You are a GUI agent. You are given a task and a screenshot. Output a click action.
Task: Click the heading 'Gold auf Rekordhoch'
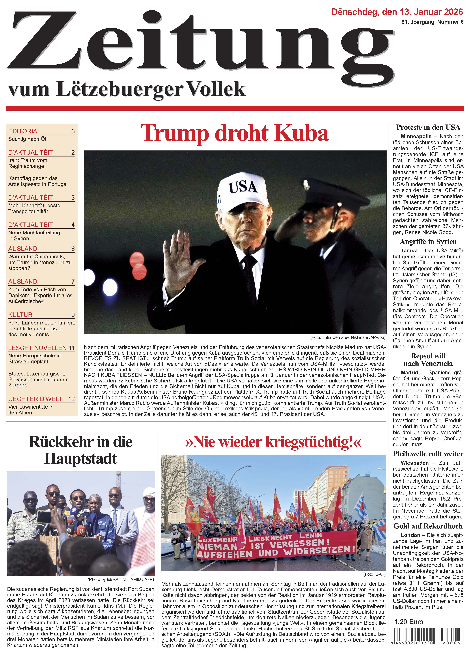(x=428, y=526)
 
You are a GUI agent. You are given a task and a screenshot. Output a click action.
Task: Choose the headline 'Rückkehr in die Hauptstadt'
(x=81, y=450)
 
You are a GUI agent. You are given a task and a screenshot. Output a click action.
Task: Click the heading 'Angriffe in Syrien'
(x=428, y=242)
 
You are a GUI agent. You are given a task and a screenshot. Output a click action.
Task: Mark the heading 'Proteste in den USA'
(x=428, y=127)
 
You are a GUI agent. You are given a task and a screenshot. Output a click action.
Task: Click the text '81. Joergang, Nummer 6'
(x=432, y=22)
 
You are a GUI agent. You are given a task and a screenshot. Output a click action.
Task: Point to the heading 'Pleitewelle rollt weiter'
(x=428, y=454)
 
